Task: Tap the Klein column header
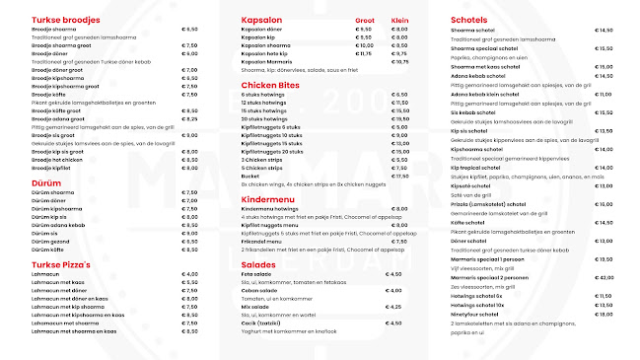point(399,20)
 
